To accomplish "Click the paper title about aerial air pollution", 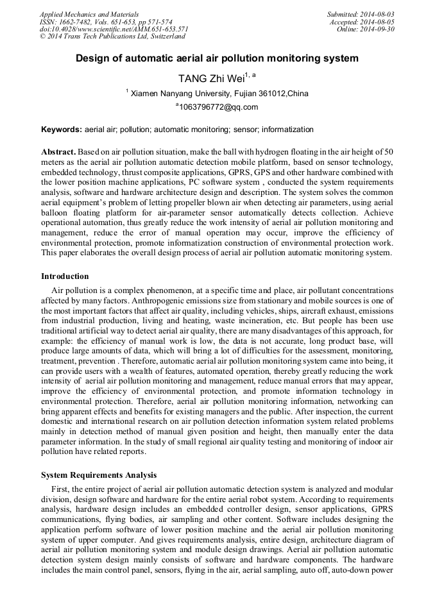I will pos(217,58).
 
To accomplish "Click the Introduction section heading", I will pos(65,276).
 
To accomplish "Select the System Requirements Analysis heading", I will pos(99,475).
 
